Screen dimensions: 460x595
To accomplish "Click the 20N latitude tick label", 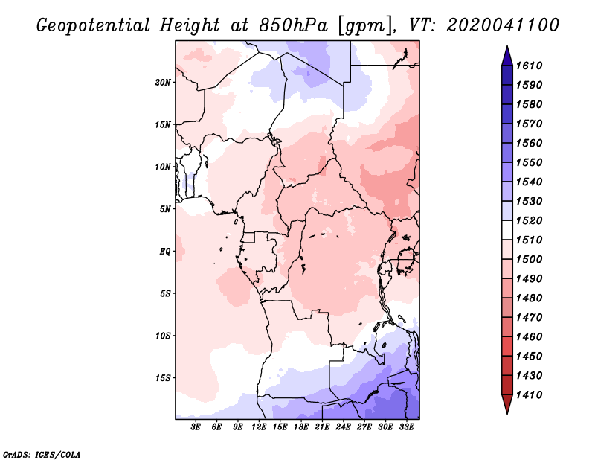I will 163,82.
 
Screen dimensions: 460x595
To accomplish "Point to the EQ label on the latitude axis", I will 164,251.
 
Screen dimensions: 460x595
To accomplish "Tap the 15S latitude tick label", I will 163,377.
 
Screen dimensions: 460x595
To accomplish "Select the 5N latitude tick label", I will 165,208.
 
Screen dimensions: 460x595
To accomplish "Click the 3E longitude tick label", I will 196,427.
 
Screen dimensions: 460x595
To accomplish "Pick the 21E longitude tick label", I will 322,427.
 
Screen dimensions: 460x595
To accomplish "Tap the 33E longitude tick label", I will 406,427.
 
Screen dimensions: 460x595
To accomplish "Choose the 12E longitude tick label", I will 259,427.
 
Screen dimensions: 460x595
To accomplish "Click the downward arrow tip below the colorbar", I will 506,411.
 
